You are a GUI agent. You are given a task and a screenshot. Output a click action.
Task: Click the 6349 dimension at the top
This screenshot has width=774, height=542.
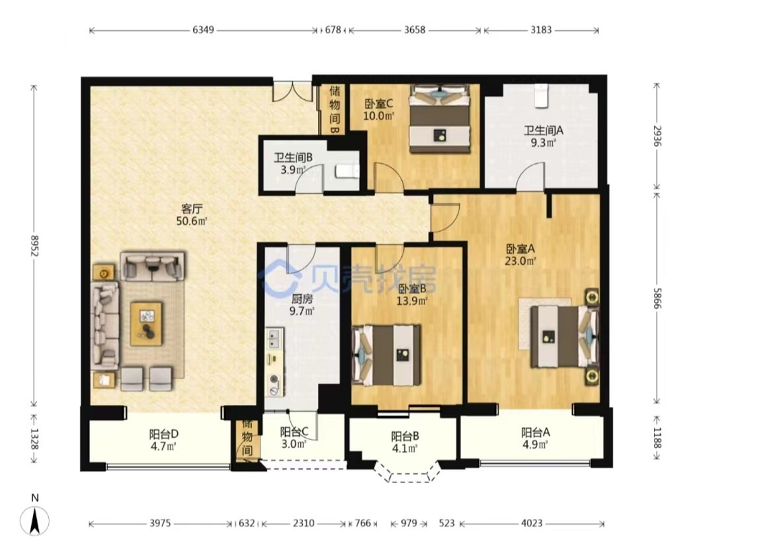(x=203, y=30)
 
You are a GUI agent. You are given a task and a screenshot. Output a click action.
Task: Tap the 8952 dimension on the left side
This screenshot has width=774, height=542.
(x=34, y=245)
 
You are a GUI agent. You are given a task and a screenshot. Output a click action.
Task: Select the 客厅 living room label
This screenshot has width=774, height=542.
(x=192, y=209)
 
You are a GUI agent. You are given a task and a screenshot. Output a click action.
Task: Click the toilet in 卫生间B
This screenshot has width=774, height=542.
(x=347, y=171)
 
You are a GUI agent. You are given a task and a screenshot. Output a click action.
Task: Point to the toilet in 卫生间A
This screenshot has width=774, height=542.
(x=541, y=96)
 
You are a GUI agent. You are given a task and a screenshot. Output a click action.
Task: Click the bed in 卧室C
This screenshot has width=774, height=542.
(x=439, y=119)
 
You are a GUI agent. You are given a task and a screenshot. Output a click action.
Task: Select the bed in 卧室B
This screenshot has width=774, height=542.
(x=386, y=355)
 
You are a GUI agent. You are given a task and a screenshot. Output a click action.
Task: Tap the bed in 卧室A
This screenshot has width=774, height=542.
(x=564, y=336)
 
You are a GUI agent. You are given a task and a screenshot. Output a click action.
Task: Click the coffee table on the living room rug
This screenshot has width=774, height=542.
(x=147, y=324)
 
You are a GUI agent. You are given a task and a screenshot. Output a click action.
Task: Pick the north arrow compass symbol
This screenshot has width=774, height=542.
(x=34, y=520)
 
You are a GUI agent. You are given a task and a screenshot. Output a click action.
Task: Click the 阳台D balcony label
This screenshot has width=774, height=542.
(x=164, y=433)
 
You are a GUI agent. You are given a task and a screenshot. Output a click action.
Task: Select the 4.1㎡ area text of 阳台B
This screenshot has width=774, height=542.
(x=404, y=449)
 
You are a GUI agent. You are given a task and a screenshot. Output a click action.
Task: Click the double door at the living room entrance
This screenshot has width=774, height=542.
(x=293, y=91)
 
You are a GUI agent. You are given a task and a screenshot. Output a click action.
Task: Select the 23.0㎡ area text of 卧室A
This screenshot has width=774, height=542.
(x=521, y=261)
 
